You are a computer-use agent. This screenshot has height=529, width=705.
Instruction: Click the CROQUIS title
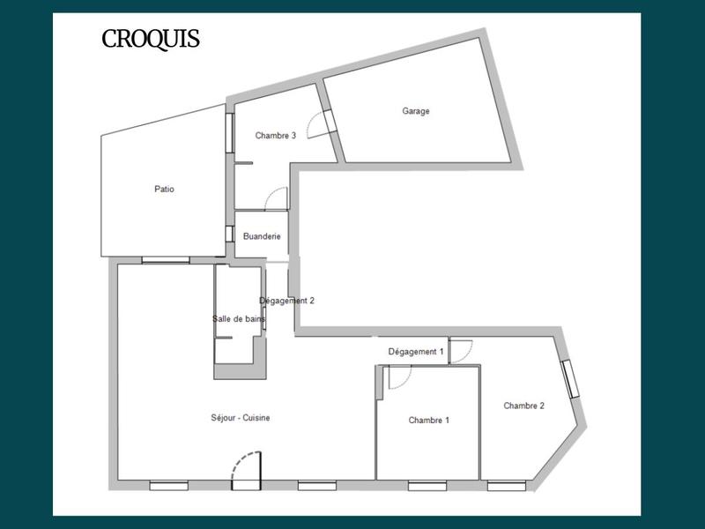pyautogui.click(x=150, y=40)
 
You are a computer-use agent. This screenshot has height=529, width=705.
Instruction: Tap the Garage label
pyautogui.click(x=416, y=111)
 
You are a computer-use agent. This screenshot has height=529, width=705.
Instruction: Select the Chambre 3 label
pyautogui.click(x=275, y=136)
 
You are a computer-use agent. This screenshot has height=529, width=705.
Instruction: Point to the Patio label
pyautogui.click(x=164, y=189)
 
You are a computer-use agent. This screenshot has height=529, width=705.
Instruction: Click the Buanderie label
pyautogui.click(x=262, y=236)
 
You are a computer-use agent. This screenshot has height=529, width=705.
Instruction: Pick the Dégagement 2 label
pyautogui.click(x=286, y=301)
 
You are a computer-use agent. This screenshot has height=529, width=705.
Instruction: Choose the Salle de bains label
pyautogui.click(x=233, y=319)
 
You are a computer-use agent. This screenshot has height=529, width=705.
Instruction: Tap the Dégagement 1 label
pyautogui.click(x=416, y=352)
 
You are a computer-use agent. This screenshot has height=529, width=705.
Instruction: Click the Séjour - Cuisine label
pyautogui.click(x=241, y=418)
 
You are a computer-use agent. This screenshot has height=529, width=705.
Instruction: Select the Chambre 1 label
pyautogui.click(x=429, y=421)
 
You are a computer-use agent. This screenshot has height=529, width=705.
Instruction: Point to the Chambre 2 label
pyautogui.click(x=523, y=406)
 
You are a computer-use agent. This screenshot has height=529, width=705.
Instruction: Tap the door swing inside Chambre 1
pyautogui.click(x=398, y=376)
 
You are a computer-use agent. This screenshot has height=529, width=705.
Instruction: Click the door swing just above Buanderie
pyautogui.click(x=276, y=198)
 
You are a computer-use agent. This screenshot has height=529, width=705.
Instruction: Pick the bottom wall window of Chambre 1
pyautogui.click(x=427, y=485)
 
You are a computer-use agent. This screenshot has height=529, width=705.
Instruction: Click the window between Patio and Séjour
pyautogui.click(x=166, y=260)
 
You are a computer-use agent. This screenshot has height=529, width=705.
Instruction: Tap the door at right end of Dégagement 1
pyautogui.click(x=461, y=348)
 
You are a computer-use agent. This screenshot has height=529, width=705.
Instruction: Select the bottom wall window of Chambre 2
pyautogui.click(x=507, y=485)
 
